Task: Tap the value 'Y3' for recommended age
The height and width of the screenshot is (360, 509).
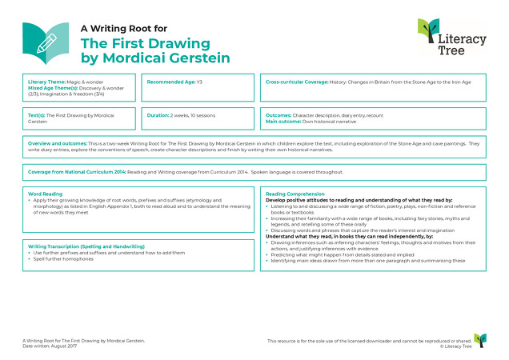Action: coord(199,82)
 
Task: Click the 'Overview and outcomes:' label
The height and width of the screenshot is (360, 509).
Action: coord(58,143)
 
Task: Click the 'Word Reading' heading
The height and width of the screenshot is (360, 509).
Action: coord(44,194)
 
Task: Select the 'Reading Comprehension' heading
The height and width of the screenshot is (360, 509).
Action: coord(296,194)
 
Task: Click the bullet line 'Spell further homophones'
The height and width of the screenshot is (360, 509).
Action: coord(63,258)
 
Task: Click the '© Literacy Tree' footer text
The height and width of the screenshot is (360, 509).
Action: coord(454,346)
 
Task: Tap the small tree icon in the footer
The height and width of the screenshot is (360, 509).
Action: coord(479,341)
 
